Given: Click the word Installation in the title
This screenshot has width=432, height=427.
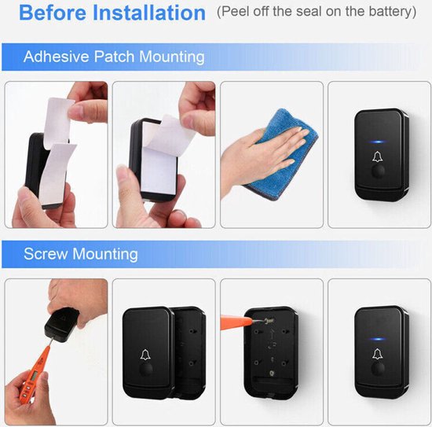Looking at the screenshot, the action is [x=149, y=13].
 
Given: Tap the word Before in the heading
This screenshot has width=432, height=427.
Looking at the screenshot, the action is [x=53, y=13].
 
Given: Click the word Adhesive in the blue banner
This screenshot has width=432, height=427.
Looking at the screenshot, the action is [x=57, y=57].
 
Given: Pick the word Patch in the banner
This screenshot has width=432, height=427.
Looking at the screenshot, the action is [x=114, y=57].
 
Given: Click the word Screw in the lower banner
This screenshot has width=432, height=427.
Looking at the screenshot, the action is [x=46, y=254].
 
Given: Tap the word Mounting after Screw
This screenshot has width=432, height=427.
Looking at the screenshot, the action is [x=105, y=254].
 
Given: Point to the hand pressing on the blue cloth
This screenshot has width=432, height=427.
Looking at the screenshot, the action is [x=262, y=160].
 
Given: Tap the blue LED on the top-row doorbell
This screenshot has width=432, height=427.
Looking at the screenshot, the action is [x=378, y=142].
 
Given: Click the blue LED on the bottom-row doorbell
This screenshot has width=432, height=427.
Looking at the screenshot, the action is [x=378, y=339].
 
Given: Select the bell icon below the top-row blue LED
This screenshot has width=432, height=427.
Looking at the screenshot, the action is [x=378, y=156].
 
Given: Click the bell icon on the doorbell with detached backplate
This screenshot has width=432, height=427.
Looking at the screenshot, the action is [x=145, y=355].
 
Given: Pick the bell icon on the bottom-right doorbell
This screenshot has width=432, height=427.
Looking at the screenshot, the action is [x=378, y=354].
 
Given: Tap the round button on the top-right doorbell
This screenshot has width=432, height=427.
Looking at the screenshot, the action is [x=378, y=171].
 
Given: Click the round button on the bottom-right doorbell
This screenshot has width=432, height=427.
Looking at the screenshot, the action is [x=378, y=369].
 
